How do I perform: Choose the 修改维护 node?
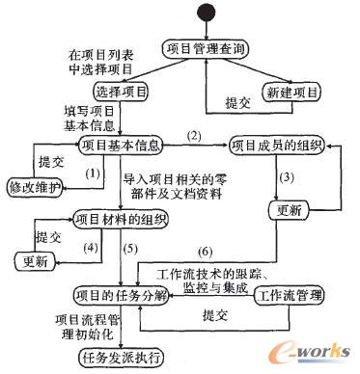click(x=35, y=184)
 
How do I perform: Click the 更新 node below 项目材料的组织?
click(x=35, y=260)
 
